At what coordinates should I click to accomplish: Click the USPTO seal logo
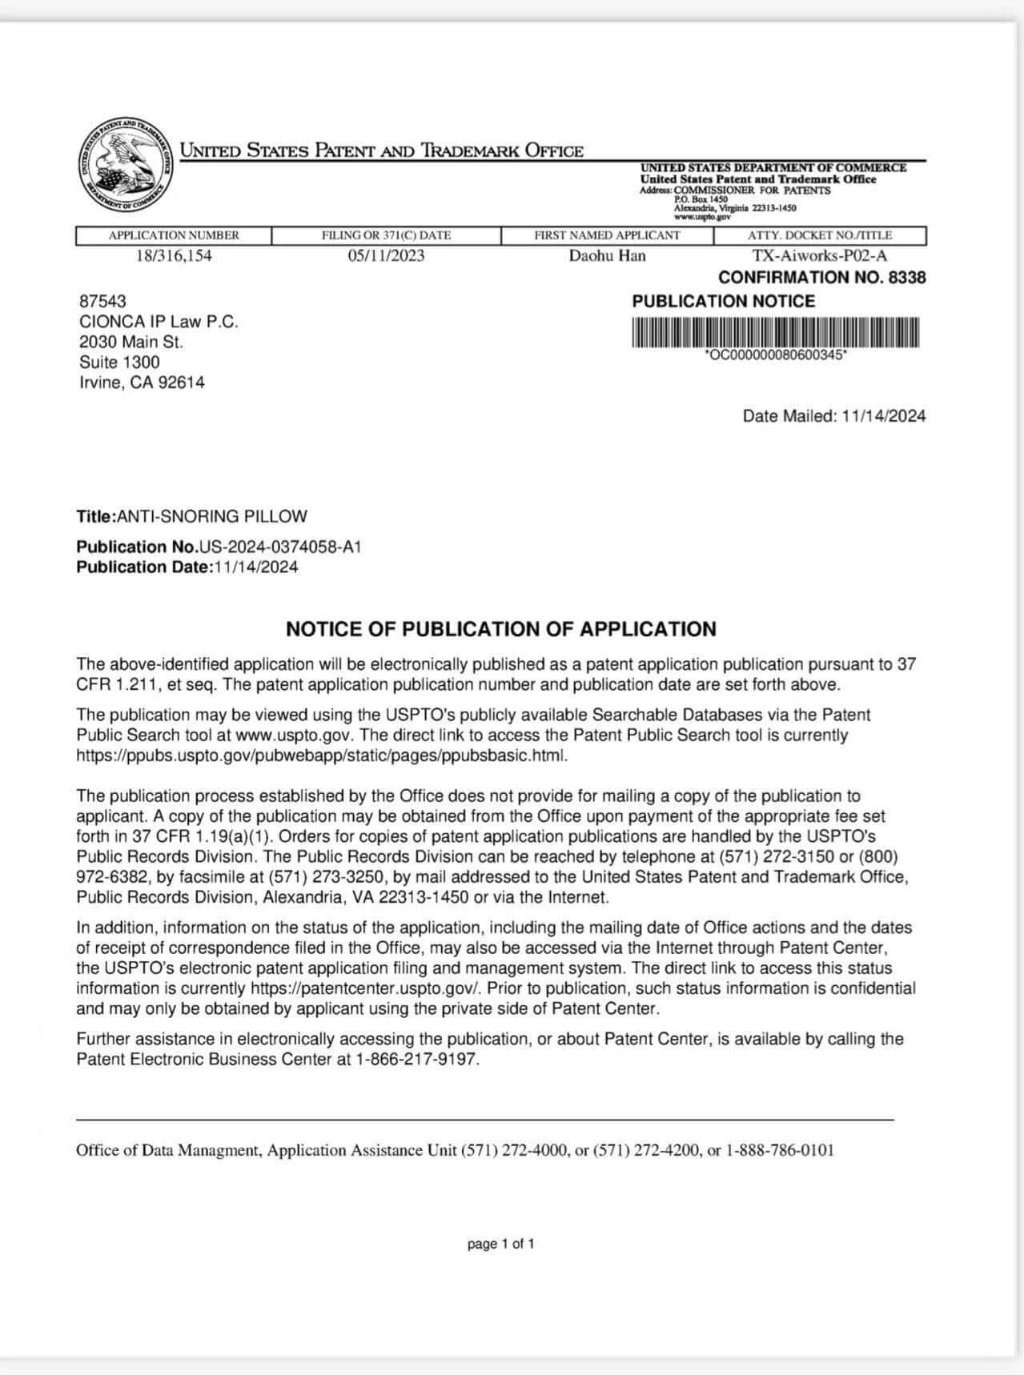tap(126, 166)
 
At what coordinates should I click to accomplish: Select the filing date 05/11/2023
tap(386, 256)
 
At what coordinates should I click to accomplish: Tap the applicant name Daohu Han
tap(607, 256)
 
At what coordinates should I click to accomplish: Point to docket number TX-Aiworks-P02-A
tap(819, 256)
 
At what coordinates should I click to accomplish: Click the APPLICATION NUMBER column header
tap(174, 235)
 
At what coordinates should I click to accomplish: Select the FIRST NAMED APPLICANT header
tap(607, 235)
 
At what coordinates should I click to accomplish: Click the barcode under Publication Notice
tap(775, 333)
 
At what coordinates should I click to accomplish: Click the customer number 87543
tap(102, 301)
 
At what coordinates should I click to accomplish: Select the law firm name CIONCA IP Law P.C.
tap(159, 322)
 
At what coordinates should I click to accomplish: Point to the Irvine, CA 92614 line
tap(142, 383)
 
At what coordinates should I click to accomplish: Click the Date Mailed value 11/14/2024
tap(884, 416)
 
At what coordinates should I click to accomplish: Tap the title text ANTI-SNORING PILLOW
tap(211, 517)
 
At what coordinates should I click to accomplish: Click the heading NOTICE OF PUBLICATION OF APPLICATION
tap(501, 629)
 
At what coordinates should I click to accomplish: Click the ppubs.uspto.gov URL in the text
tap(322, 756)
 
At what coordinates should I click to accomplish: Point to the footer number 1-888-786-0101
tap(780, 1151)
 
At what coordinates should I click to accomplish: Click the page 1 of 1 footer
tap(501, 1244)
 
